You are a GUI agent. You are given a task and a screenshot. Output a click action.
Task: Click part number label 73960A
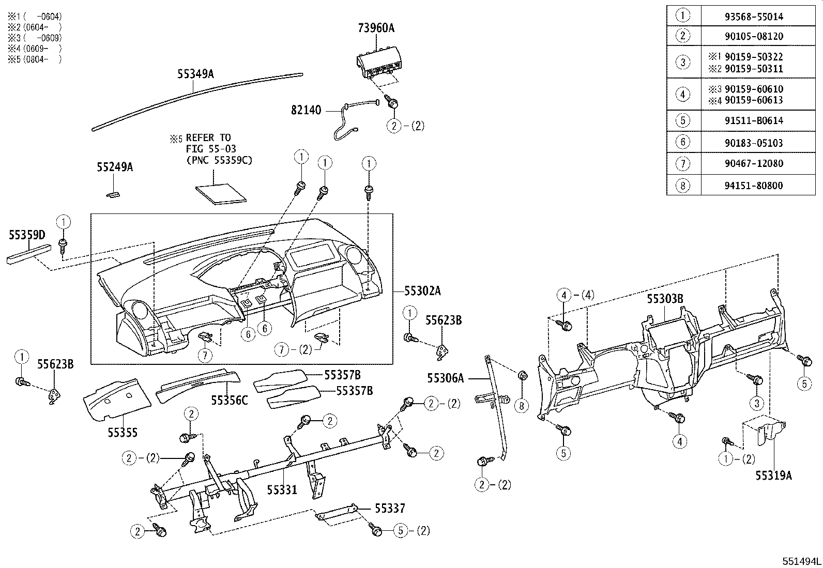click(x=376, y=28)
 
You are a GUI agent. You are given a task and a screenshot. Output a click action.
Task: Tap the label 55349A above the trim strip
click(x=195, y=74)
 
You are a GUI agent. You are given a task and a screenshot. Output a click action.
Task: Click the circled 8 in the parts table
click(x=683, y=186)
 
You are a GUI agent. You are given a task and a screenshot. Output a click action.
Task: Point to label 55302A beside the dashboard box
click(x=422, y=291)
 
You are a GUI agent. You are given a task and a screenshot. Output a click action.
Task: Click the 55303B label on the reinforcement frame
click(x=665, y=299)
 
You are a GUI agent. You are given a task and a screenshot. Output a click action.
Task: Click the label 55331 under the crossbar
click(x=282, y=489)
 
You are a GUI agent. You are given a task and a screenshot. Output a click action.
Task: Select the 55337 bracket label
click(x=390, y=509)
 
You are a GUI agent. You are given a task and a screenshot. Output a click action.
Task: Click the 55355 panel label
click(x=123, y=433)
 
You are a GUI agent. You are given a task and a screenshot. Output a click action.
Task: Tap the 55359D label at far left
click(x=27, y=236)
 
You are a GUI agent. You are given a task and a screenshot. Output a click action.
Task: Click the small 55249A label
click(x=115, y=167)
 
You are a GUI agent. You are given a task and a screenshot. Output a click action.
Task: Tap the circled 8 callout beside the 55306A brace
click(x=521, y=406)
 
